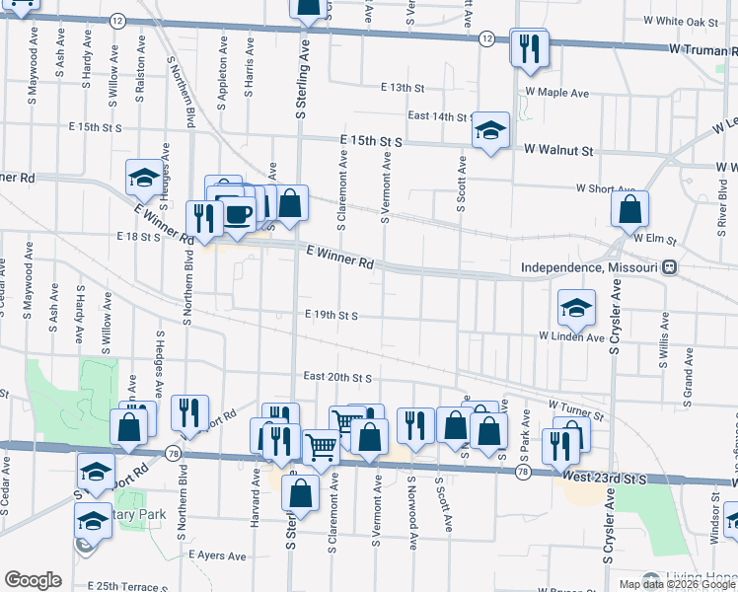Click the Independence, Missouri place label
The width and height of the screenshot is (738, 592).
(589, 267)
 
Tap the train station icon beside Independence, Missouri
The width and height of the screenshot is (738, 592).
(670, 266)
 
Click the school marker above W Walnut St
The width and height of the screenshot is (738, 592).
(489, 131)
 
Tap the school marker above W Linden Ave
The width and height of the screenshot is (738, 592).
(576, 309)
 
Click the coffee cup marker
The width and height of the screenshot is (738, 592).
(238, 214)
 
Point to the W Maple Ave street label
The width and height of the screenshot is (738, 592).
(556, 93)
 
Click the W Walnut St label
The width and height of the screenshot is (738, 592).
(559, 151)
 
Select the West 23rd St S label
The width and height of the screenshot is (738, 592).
(590, 479)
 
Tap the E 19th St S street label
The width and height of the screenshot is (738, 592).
(331, 315)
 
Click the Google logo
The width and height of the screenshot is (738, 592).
(33, 580)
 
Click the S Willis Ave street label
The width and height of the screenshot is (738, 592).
(664, 340)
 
